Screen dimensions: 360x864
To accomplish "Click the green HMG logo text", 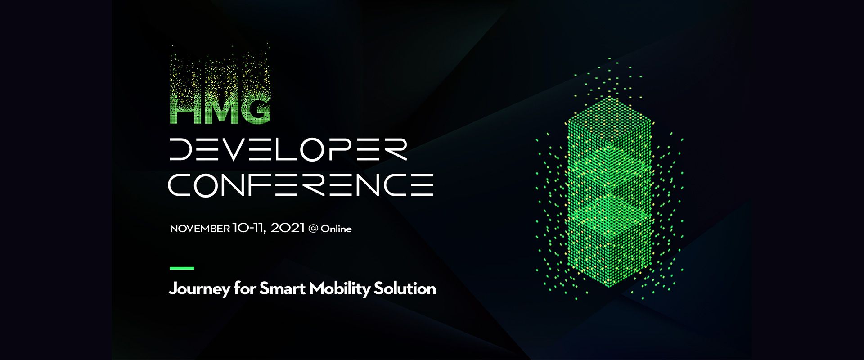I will [220, 108].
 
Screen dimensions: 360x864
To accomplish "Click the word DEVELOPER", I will [288, 149].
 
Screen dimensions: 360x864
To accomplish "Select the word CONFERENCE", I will [301, 184].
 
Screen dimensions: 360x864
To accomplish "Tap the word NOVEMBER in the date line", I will [200, 229].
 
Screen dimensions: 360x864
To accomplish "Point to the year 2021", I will [288, 228].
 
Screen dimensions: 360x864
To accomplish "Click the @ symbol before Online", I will [313, 229].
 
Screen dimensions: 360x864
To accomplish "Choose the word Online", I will [336, 229].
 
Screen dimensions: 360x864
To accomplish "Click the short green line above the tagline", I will [182, 268].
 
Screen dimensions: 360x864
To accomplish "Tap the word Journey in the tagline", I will [199, 289].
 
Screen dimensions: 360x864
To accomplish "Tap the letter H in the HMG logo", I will [183, 110].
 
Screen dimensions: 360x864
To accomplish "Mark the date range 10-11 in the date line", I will [249, 228].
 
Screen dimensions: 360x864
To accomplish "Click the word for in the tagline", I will [245, 288].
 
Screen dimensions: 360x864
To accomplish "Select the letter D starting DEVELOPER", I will [182, 149].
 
